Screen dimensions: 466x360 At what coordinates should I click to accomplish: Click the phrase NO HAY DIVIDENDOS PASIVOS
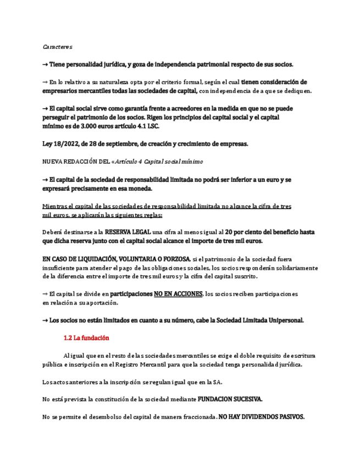click(x=262, y=417)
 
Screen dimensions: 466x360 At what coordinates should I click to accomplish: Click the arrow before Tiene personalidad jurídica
click(x=45, y=64)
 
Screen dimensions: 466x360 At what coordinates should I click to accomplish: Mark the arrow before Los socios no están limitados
click(x=45, y=320)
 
